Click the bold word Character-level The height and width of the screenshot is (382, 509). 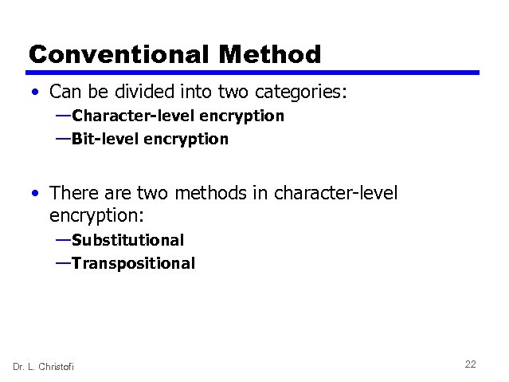(x=133, y=116)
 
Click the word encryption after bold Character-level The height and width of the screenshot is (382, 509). (x=241, y=116)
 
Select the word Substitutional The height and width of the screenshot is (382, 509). (x=127, y=240)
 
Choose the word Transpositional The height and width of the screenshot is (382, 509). (x=133, y=263)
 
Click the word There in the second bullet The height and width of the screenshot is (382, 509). (x=72, y=193)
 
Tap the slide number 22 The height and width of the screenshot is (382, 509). (x=470, y=364)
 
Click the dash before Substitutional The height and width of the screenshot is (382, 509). (x=63, y=240)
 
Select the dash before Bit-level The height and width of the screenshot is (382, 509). (x=63, y=139)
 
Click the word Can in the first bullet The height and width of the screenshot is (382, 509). (x=65, y=93)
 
